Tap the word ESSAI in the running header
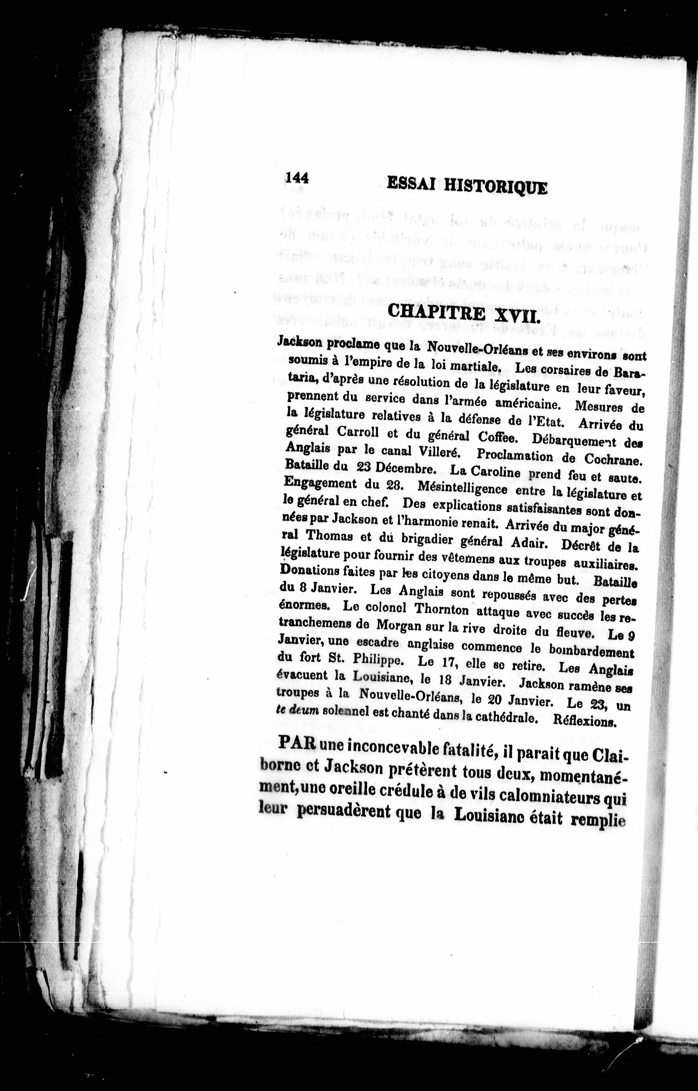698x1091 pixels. point(411,184)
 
